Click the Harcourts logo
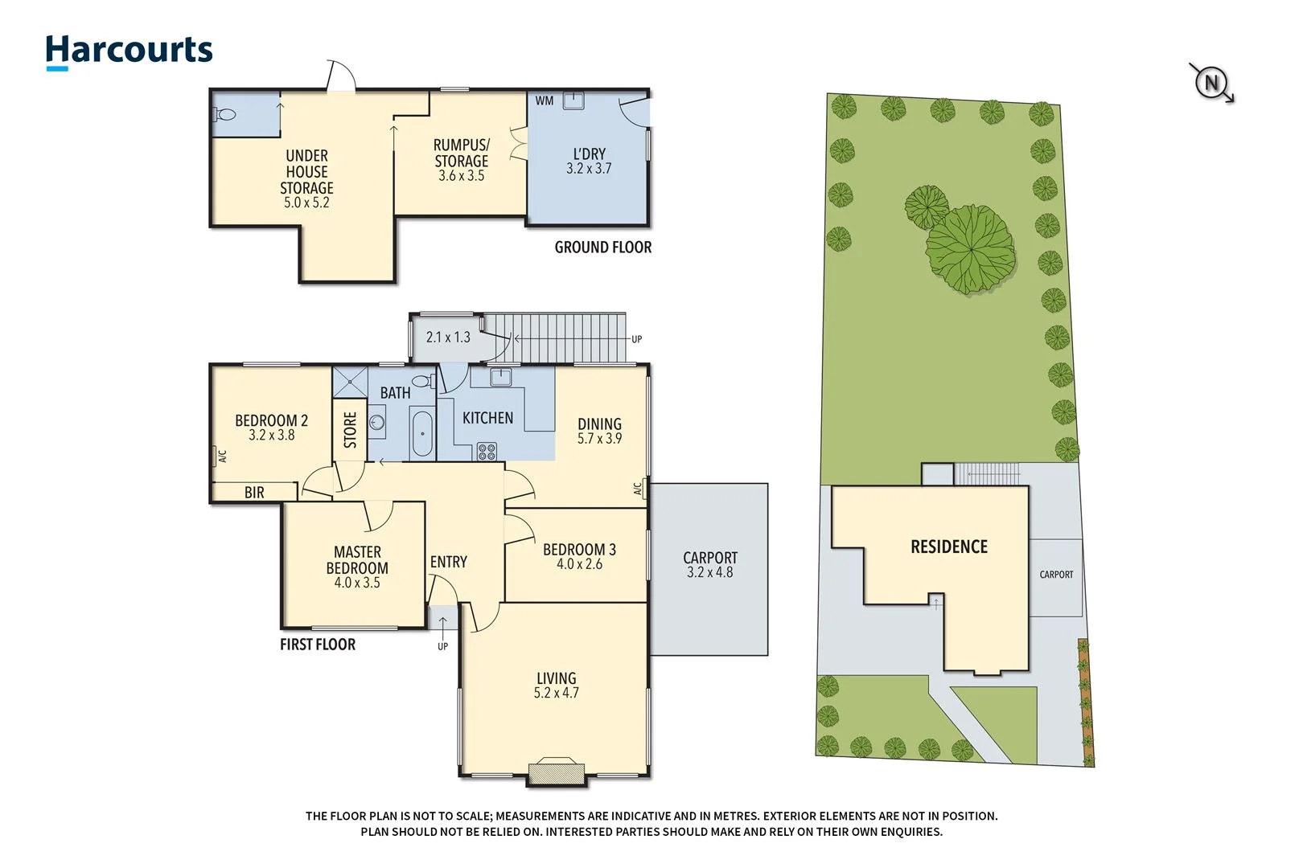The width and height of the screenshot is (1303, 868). [129, 51]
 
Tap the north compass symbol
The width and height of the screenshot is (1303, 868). [1211, 82]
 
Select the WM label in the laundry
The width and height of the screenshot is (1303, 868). [545, 100]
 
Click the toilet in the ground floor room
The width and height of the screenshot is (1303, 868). [226, 115]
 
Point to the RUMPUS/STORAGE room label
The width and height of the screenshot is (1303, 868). [461, 153]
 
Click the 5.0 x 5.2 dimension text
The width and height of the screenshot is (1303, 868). [306, 203]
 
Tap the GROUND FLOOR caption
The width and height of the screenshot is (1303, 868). [602, 248]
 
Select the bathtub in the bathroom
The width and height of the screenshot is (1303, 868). [422, 433]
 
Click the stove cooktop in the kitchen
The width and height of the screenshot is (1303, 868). [487, 451]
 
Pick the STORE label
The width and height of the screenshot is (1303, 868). [350, 430]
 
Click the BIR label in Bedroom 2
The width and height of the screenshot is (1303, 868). [254, 493]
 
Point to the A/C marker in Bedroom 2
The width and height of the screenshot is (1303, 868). [223, 456]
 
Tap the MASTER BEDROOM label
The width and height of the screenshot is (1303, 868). [357, 559]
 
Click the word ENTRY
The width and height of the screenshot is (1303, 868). [448, 562]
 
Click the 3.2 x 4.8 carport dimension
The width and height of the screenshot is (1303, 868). [709, 572]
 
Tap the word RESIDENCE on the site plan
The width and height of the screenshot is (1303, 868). [948, 547]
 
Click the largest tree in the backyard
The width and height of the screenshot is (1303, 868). [971, 249]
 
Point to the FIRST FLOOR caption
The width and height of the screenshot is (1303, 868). [317, 645]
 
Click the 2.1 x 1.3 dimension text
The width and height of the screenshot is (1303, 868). [448, 338]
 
